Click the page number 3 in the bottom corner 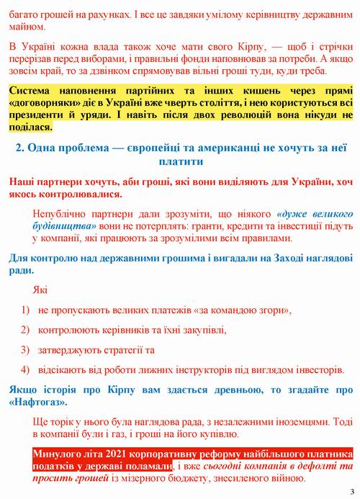pos(352,491)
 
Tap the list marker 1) pos(24,310)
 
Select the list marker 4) pos(24,370)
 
